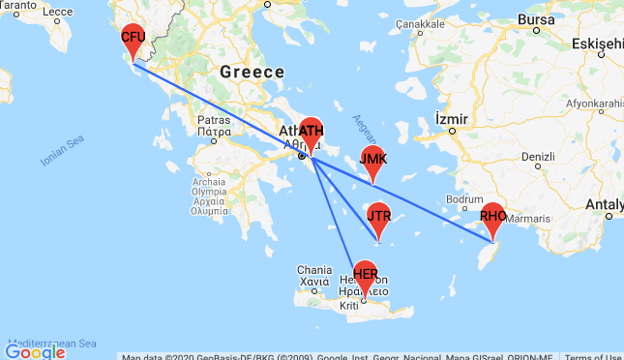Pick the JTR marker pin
pos(378,216)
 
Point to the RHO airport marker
pos(492,217)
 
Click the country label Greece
pos(252,72)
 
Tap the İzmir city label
pos(452,118)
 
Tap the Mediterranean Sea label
pos(51,343)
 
